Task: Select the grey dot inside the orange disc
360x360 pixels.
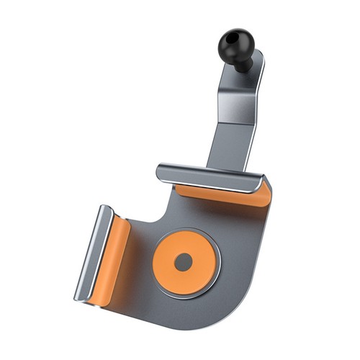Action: coord(184,262)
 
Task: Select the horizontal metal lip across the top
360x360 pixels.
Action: coord(209,176)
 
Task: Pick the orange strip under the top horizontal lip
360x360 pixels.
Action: coord(216,193)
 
